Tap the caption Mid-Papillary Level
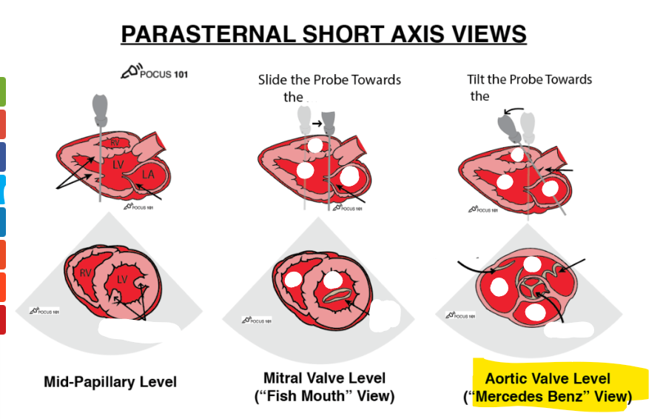coord(110,382)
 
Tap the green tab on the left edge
coord(2,90)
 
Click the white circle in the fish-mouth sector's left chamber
coord(294,280)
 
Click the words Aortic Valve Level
coord(548,379)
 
